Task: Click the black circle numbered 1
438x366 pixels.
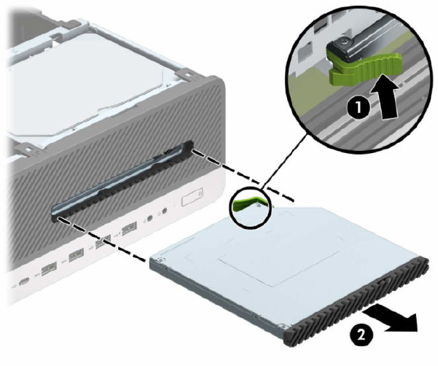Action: (359, 107)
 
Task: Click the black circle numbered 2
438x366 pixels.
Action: (361, 334)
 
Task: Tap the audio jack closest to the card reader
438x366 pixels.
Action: (164, 211)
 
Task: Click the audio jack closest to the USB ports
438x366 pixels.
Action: (151, 218)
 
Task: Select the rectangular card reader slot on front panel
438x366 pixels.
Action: (192, 197)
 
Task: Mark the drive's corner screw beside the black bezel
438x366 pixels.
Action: (283, 325)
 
